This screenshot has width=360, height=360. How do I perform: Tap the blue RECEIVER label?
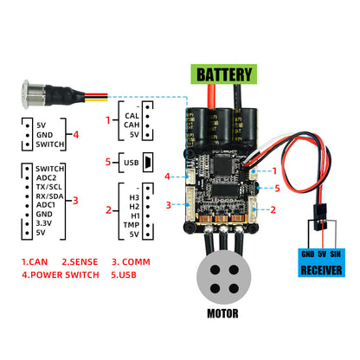(322, 270)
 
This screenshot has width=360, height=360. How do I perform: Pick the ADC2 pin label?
(48, 177)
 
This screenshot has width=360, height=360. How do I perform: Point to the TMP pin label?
(132, 224)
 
